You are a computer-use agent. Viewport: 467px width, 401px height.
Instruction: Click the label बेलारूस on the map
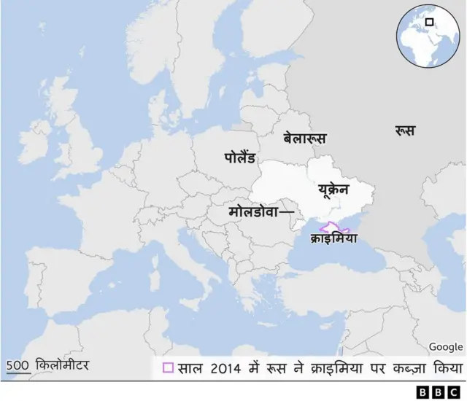(x=305, y=137)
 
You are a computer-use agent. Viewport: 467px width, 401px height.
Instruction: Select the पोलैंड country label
(x=239, y=157)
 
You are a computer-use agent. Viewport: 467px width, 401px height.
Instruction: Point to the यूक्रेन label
(x=333, y=190)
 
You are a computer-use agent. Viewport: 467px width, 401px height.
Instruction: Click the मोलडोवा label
(x=253, y=211)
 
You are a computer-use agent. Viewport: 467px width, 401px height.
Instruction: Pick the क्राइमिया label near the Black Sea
(x=333, y=238)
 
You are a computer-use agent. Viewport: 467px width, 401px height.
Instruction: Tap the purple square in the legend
(x=168, y=367)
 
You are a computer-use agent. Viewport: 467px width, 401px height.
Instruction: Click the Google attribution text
(x=445, y=347)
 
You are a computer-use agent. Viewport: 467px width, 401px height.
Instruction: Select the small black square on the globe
(x=430, y=23)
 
